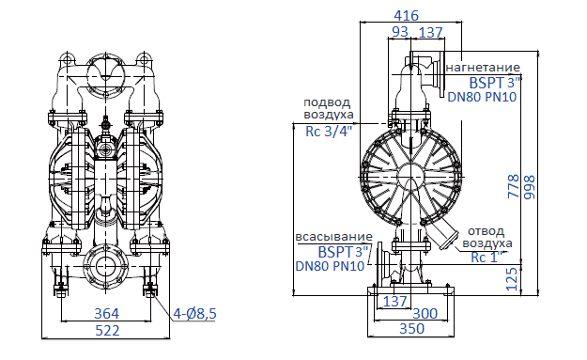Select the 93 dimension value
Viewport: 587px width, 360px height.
tap(400, 33)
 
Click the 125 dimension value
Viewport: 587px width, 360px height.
tap(512, 275)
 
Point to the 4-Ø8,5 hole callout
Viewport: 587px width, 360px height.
tap(194, 313)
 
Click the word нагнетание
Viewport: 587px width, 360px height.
tap(483, 68)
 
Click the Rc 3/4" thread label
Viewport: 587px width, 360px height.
tap(329, 131)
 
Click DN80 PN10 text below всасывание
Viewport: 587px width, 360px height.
tap(330, 266)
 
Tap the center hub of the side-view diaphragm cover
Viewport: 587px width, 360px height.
tap(409, 175)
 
